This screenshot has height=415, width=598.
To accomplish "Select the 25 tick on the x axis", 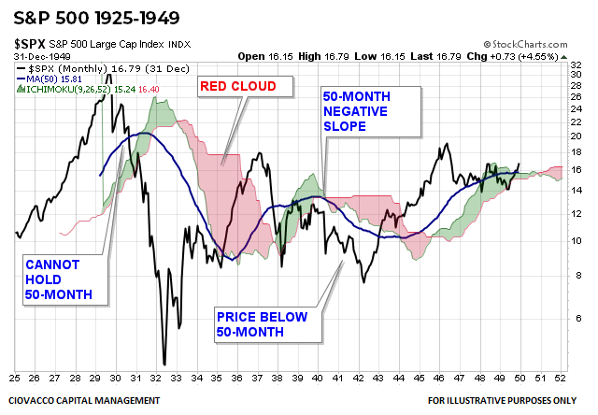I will click(16, 378).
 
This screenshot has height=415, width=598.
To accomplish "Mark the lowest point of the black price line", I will click(164, 364).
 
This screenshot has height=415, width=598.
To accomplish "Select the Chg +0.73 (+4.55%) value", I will click(547, 56).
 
